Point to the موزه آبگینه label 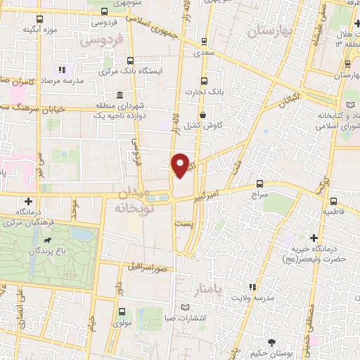tap(39, 30)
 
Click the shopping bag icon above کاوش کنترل tap(203, 115)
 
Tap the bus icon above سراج tap(261, 181)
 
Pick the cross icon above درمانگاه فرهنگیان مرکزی tap(29, 201)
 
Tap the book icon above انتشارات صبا tap(185, 307)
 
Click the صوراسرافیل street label tap(146, 268)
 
